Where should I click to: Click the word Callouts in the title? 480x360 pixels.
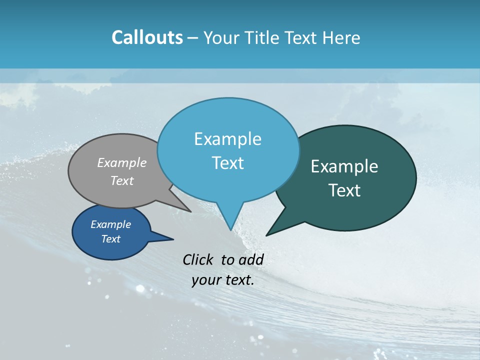(147, 37)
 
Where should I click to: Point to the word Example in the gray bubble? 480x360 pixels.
(121, 162)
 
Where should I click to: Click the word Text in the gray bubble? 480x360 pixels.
(121, 180)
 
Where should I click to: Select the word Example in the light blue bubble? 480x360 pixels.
(227, 139)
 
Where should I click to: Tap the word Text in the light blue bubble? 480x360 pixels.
(227, 163)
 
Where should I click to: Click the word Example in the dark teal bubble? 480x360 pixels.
(344, 166)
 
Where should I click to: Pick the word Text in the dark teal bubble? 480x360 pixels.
(344, 190)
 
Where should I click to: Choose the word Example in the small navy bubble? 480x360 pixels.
(110, 224)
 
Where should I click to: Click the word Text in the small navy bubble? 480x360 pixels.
(110, 239)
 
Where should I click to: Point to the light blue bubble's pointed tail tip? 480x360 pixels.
(230, 229)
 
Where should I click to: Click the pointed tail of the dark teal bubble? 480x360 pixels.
(267, 234)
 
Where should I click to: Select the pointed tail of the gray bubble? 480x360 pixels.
(189, 210)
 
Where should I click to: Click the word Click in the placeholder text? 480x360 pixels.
(199, 259)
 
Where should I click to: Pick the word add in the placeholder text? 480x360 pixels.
(251, 259)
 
